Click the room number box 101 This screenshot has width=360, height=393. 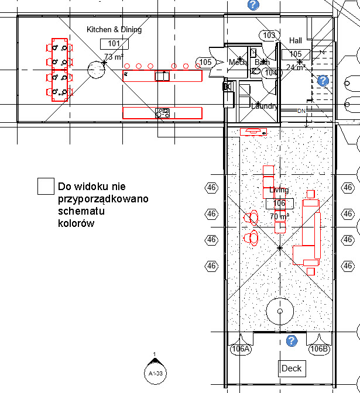coord(114,44)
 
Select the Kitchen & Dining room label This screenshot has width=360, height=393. coord(114,29)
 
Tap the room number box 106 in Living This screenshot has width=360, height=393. coord(279,204)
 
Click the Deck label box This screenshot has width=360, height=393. coord(292,368)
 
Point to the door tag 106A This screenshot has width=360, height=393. coord(241,349)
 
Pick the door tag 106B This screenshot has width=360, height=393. coord(320,349)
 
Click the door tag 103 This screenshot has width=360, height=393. coord(269,36)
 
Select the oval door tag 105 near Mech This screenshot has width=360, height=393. coord(205,62)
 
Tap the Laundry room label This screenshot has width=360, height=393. coord(264,106)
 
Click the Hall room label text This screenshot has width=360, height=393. coord(296,40)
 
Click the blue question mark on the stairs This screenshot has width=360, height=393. coord(323,80)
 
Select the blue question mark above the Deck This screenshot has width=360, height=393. coord(292,341)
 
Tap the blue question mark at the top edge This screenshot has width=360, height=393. coord(253,5)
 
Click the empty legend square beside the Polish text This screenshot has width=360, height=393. coord(46,186)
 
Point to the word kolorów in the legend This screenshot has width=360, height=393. coord(76,223)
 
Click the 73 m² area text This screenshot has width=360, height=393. coord(114,57)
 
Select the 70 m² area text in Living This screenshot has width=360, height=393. coord(279,216)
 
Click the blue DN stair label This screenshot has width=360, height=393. coord(301,111)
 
